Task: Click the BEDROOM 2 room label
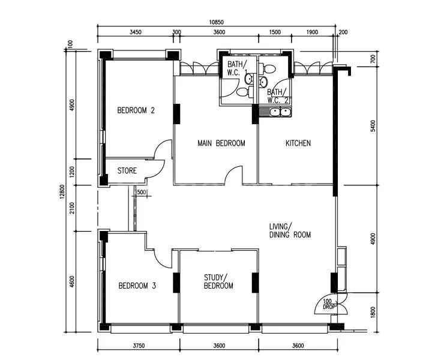click(x=136, y=110)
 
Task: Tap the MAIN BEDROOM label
click(x=221, y=143)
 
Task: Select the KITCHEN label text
click(x=298, y=143)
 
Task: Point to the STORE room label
click(x=127, y=171)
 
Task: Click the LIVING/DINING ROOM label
click(x=289, y=230)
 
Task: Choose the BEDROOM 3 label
click(x=137, y=286)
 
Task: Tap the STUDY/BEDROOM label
click(x=218, y=281)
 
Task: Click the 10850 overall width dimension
click(x=217, y=23)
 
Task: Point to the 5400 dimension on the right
click(x=373, y=126)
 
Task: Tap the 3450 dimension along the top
click(x=135, y=32)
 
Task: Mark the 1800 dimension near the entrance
click(x=373, y=311)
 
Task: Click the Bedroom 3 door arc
click(x=162, y=258)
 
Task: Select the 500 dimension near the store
click(x=142, y=192)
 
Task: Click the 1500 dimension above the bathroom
click(x=275, y=32)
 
